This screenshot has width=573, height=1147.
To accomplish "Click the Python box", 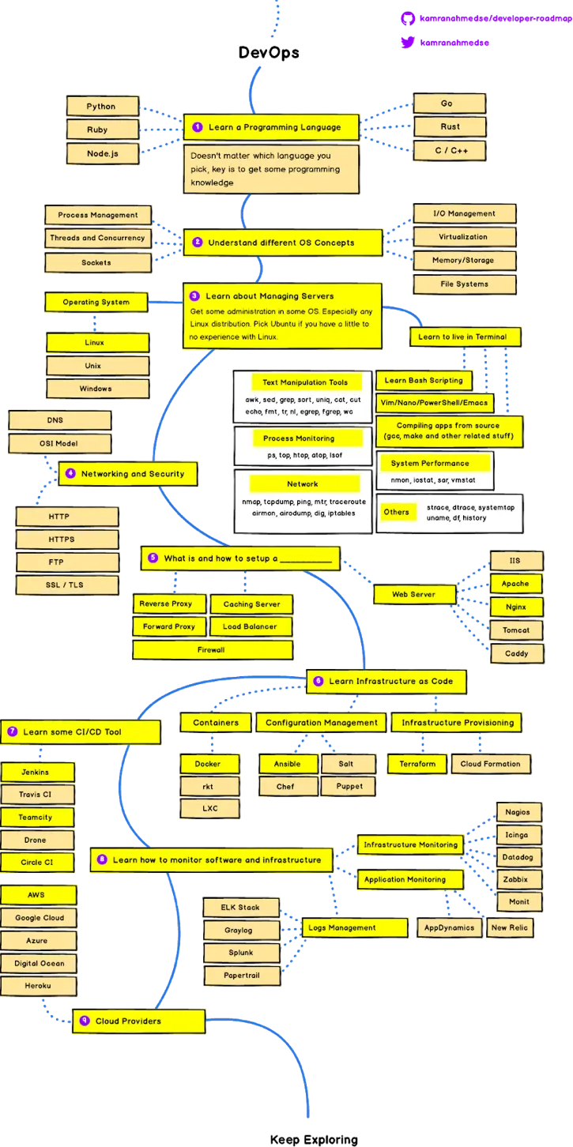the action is (x=103, y=106).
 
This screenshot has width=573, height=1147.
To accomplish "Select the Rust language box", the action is (x=450, y=126).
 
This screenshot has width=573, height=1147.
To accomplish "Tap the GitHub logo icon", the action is (x=408, y=18).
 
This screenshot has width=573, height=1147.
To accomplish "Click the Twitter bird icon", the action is (x=408, y=42).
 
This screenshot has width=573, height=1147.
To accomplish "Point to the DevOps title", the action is (x=269, y=52).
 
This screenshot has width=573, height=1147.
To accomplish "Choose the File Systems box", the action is (x=465, y=284).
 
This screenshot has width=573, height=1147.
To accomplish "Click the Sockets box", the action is (x=98, y=263).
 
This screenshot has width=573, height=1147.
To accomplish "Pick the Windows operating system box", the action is (x=98, y=389).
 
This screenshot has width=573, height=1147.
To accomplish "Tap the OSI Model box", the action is (x=60, y=443).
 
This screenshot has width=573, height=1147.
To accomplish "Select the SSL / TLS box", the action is (x=67, y=585).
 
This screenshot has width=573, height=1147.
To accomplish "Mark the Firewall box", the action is (x=213, y=650).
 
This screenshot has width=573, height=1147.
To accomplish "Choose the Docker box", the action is (x=209, y=763).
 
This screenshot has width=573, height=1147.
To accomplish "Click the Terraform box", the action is (x=417, y=763).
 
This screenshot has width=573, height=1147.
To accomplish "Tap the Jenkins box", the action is (x=37, y=773).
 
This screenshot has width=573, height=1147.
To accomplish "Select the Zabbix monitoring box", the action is (x=518, y=879).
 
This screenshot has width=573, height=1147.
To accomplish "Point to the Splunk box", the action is (x=242, y=953).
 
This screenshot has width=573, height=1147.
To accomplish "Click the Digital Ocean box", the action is (x=39, y=963).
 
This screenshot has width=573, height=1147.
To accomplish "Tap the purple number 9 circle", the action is (x=85, y=1021).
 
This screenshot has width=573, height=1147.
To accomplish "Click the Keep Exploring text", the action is (x=314, y=1139).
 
